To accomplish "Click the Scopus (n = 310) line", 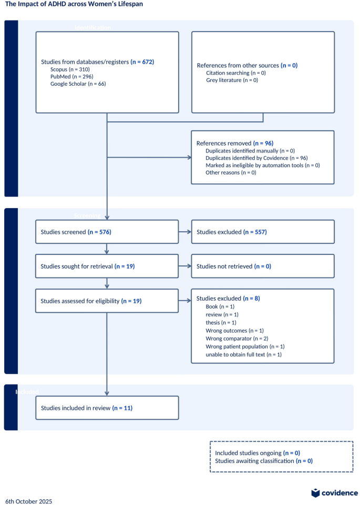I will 69,69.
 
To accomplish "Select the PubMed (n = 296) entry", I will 71,76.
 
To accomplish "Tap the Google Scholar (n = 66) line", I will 78,84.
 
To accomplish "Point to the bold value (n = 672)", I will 142,61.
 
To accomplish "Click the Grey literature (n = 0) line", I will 232,80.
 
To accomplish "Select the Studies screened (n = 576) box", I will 107,232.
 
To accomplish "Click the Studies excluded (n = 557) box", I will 262,232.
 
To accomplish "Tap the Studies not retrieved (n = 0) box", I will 262,266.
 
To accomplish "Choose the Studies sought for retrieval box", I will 107,266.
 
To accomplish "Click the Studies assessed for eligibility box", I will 107,301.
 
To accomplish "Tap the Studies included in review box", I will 107,407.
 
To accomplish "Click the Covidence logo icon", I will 315,493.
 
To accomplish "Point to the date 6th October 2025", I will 29,501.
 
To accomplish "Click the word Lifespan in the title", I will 130,4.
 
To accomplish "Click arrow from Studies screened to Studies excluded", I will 185,232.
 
